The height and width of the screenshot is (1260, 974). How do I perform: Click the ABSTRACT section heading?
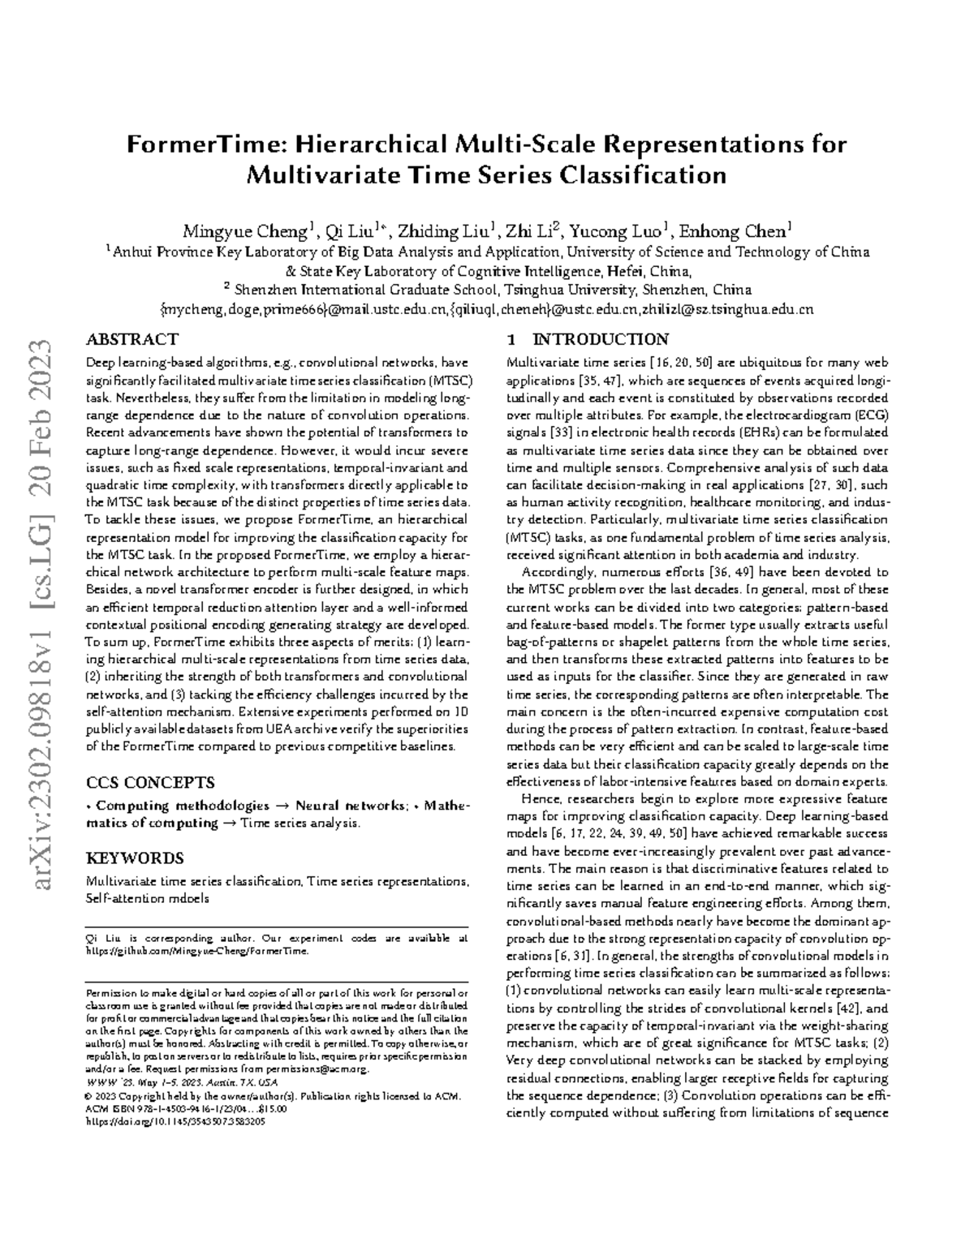coord(132,339)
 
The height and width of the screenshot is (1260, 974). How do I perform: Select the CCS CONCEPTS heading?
coord(150,783)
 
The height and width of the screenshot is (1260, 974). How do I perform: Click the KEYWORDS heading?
coord(135,858)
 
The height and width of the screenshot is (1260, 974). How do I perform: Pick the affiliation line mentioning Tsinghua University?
coord(487,290)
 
